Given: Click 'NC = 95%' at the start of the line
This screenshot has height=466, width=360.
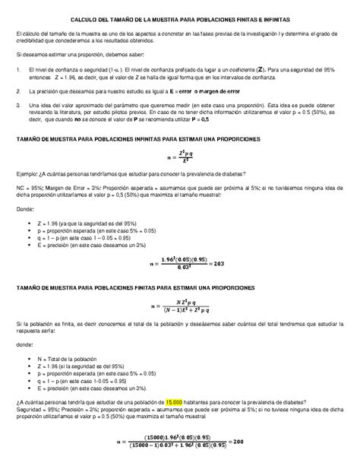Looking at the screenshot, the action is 31,208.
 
